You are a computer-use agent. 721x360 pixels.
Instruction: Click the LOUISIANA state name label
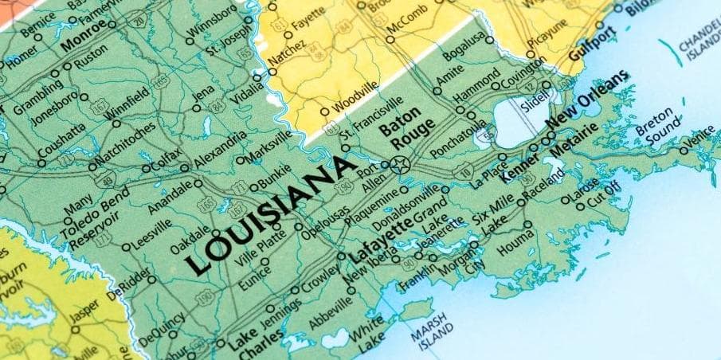(269, 214)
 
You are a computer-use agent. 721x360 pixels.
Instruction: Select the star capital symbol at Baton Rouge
(400, 166)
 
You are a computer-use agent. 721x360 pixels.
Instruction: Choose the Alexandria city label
(220, 151)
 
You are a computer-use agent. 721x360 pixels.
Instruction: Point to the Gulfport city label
(594, 45)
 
